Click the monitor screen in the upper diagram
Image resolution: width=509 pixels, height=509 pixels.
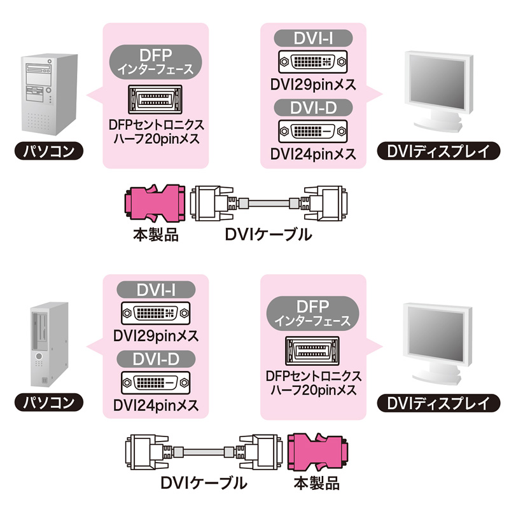(438, 80)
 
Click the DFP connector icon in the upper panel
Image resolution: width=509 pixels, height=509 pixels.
(156, 99)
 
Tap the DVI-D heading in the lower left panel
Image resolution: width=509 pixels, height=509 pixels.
(155, 360)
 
